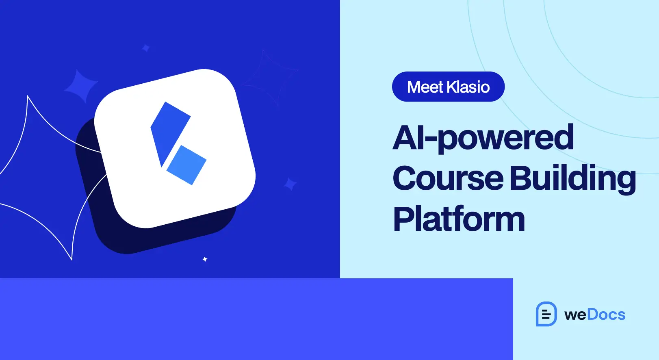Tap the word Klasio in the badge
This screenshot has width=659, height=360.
(x=468, y=87)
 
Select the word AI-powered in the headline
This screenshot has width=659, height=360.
(x=483, y=138)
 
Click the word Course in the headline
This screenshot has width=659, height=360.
(x=448, y=178)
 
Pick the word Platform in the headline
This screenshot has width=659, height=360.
(x=459, y=219)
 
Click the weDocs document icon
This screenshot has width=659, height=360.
(x=546, y=314)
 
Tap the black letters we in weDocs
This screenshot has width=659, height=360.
(x=575, y=315)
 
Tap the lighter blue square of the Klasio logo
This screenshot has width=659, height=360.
(x=186, y=165)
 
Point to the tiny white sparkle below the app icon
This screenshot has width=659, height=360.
(x=205, y=259)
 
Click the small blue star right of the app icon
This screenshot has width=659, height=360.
(x=290, y=184)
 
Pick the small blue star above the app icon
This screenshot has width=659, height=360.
(x=146, y=48)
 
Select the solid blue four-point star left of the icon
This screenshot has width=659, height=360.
(x=81, y=86)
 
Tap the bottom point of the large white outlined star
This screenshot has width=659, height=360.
(x=72, y=260)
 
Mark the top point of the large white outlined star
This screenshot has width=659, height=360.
(x=28, y=96)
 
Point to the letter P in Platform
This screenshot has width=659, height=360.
(x=403, y=219)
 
